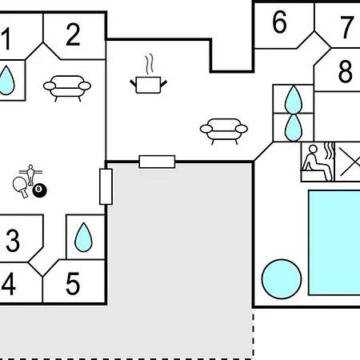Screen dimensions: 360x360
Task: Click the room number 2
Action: (73, 34)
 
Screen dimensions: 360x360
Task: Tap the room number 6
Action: (279, 22)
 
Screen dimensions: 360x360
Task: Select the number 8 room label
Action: (346, 71)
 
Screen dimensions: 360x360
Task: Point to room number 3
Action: (13, 240)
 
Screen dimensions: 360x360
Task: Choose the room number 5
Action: (73, 283)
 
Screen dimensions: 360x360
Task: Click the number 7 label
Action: (347, 27)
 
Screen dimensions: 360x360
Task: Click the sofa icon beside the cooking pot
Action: (224, 131)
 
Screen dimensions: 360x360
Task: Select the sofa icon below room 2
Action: (67, 88)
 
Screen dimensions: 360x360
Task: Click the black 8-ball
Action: (39, 190)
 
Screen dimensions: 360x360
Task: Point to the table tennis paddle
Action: (21, 186)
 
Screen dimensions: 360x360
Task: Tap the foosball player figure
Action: (30, 174)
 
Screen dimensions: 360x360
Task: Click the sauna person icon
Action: (318, 162)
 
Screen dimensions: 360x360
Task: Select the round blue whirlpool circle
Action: (282, 279)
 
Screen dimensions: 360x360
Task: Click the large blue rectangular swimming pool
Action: (334, 242)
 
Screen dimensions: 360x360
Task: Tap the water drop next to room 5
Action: (83, 237)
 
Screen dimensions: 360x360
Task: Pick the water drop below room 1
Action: (6, 80)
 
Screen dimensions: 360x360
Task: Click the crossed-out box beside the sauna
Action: (347, 162)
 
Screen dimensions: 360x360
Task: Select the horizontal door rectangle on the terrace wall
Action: (157, 162)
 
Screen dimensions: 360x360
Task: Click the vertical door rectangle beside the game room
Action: (106, 186)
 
